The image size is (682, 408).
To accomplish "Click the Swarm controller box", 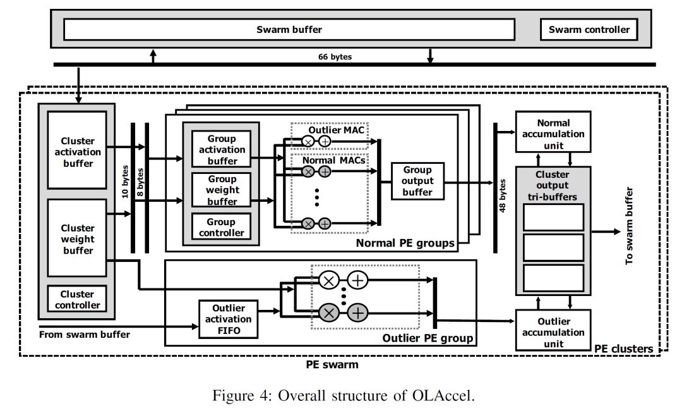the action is (589, 30).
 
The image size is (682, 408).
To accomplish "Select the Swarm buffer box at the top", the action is (289, 30).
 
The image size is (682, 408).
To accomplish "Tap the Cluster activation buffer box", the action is (77, 150).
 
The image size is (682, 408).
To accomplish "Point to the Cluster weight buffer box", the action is (77, 238).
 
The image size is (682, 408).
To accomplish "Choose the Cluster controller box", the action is (77, 299).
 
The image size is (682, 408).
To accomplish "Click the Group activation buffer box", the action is (222, 149).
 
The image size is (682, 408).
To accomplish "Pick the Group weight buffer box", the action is (222, 190).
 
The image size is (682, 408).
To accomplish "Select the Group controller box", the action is (222, 226).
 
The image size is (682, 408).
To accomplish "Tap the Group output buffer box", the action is (417, 181).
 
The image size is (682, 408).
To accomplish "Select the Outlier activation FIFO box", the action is (229, 319).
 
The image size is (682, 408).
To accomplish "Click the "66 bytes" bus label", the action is (335, 57).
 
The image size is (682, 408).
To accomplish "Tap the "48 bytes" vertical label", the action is (503, 195).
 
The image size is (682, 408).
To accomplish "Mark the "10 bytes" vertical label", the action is (125, 182).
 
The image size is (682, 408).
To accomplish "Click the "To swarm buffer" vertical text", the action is (629, 226).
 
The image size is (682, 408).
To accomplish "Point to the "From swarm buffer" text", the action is (85, 335).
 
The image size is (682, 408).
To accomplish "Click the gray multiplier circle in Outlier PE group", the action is (329, 312).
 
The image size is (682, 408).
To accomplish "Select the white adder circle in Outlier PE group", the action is (357, 280).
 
